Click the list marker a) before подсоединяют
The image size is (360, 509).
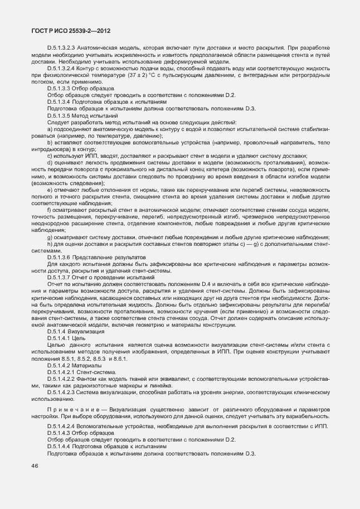point(50,128)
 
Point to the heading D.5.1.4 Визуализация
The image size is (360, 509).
point(75,331)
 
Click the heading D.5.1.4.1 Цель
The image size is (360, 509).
point(66,337)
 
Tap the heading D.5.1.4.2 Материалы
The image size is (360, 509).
point(74,365)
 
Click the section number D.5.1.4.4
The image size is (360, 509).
point(60,447)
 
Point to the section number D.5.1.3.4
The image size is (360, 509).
point(60,101)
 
